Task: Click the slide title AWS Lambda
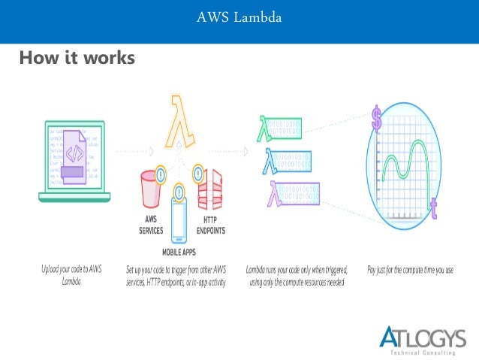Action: [x=239, y=17]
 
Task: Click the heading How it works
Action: [x=77, y=57]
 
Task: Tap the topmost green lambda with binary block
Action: [x=279, y=128]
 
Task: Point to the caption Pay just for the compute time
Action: [x=410, y=268]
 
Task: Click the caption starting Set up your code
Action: [x=181, y=275]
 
